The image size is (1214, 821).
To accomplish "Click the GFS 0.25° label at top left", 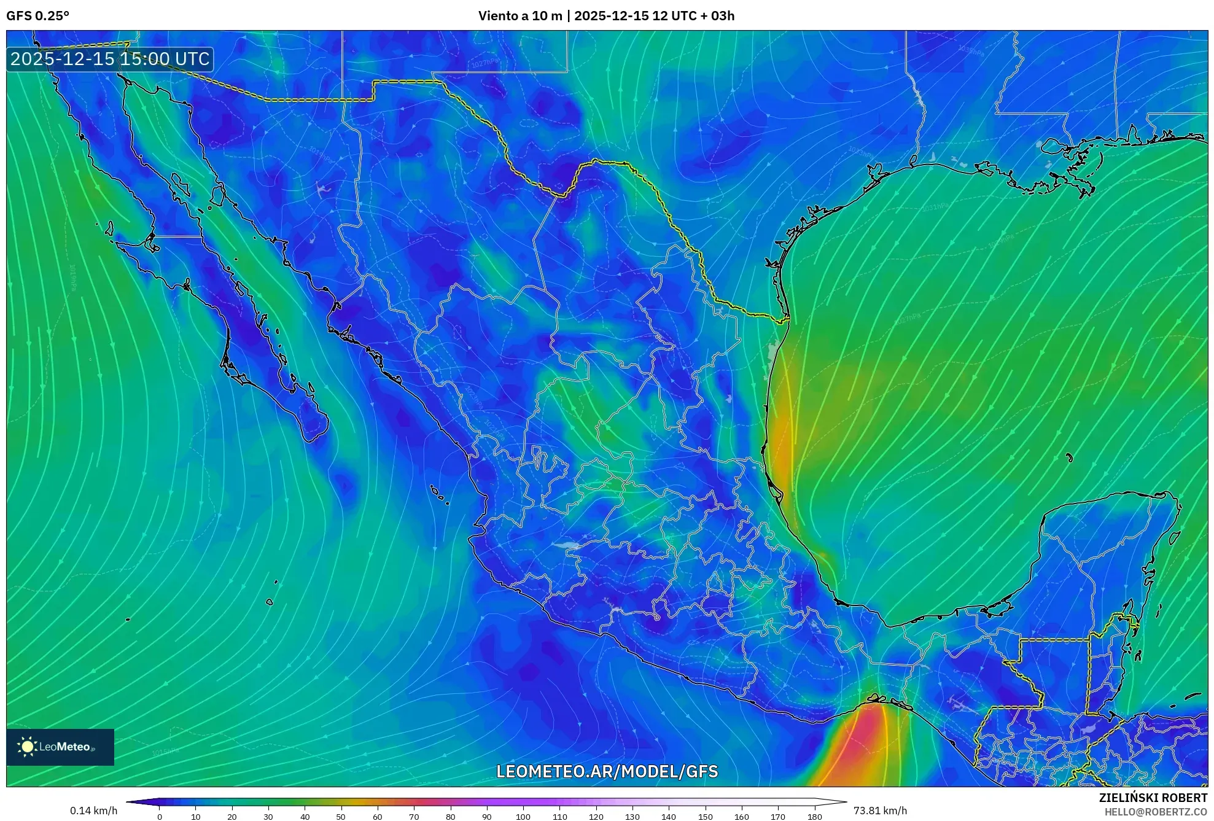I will [37, 16].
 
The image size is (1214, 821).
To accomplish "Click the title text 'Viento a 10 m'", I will [520, 16].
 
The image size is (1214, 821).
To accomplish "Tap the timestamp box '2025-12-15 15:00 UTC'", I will [110, 59].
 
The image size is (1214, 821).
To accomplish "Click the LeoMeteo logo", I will [60, 747].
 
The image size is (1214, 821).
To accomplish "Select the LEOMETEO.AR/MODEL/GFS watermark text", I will [607, 771].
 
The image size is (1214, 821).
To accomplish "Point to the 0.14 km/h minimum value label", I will [93, 811].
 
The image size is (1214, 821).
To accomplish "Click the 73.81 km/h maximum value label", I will [880, 811].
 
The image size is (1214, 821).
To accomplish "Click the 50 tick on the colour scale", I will [341, 817].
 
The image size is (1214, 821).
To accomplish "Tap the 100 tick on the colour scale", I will [523, 817].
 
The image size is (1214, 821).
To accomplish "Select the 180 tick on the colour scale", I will [815, 817].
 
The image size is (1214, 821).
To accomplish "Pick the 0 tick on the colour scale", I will [160, 817].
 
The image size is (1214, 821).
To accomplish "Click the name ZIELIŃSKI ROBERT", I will [1153, 798].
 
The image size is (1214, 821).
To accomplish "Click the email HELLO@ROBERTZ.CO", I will [1156, 812].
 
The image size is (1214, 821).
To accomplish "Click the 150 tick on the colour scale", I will [706, 817].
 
